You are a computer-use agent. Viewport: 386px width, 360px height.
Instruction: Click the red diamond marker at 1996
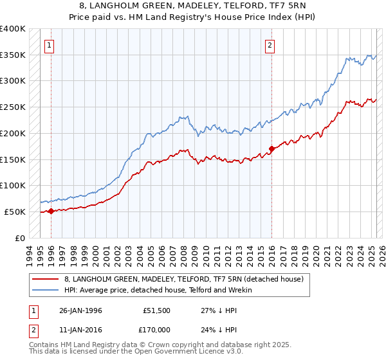point(51,211)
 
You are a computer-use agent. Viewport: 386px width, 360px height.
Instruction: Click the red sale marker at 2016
point(271,148)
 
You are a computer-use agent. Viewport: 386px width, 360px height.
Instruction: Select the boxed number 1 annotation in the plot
point(49,45)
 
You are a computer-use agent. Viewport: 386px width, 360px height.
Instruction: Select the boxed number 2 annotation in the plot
point(270,45)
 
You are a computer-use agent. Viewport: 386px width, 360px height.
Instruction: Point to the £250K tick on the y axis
point(13,107)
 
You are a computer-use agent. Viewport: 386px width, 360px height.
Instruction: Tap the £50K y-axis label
point(15,212)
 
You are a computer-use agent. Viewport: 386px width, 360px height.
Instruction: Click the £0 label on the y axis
point(19,238)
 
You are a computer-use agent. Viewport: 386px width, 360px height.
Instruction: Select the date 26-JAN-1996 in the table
point(81,310)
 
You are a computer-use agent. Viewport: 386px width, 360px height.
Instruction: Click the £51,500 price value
point(155,310)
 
